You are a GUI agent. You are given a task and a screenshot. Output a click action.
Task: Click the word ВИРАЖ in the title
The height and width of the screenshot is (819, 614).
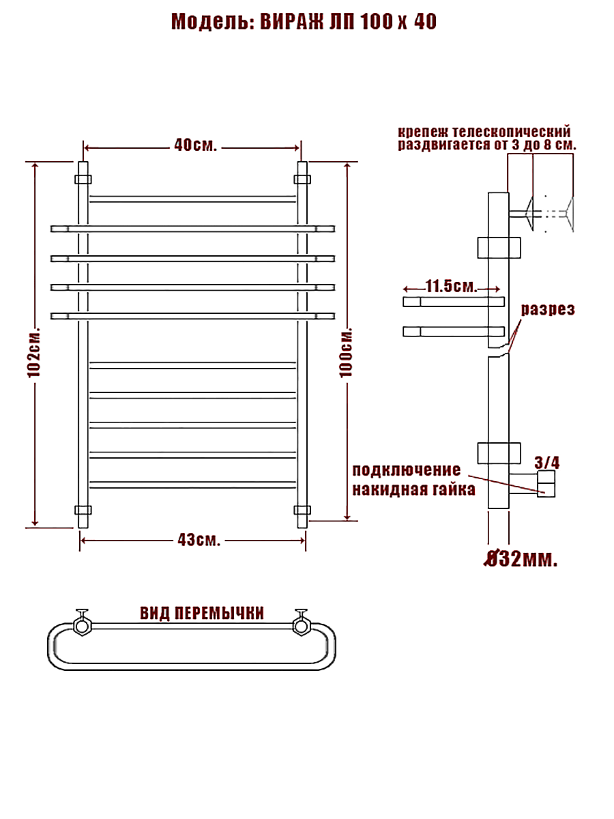point(292,22)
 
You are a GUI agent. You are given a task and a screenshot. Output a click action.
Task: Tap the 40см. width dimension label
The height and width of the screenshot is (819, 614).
point(195,145)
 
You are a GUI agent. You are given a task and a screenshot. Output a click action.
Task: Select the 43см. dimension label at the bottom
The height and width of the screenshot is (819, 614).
point(199,540)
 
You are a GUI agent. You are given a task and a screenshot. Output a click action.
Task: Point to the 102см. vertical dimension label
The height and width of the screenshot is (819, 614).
point(34,352)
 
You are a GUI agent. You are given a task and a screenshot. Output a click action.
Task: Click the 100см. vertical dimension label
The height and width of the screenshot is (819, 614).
point(346,352)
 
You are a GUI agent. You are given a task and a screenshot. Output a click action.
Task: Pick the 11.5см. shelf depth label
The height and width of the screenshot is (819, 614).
point(452,286)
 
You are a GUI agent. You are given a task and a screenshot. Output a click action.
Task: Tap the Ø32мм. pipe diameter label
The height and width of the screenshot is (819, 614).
point(521,560)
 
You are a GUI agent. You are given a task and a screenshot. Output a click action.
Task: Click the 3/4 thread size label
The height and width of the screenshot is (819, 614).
point(547,463)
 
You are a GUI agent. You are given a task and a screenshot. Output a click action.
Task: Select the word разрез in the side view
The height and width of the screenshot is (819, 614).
point(548,309)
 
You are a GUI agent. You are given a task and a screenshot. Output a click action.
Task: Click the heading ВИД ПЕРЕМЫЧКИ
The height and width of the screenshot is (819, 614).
point(202,613)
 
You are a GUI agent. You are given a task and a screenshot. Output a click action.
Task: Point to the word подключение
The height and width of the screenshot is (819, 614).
point(407,470)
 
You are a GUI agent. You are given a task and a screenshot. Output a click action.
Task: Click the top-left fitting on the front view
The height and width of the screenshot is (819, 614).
point(83,179)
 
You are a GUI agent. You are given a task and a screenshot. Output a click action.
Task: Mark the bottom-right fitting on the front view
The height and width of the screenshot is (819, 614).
point(302,510)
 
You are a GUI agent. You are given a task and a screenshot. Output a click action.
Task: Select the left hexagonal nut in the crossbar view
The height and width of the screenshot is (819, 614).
point(82,625)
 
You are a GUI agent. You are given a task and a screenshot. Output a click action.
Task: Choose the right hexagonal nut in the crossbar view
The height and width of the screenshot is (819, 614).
point(302,625)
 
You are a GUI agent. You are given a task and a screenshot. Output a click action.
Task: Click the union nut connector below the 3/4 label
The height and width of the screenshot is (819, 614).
point(546,484)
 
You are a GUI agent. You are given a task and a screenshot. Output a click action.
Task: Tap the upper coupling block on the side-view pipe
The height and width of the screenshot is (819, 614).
point(499,248)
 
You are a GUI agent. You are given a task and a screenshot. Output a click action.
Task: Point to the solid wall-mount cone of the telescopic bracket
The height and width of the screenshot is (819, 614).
point(529,214)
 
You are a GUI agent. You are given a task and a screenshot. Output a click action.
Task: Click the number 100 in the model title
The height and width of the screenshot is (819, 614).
point(377,22)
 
